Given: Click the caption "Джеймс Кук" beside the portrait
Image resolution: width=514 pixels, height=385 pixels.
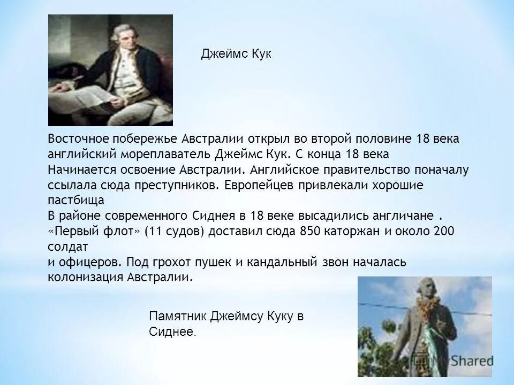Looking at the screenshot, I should [x=236, y=53].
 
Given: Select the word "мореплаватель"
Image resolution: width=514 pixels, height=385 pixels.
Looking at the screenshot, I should [x=168, y=154].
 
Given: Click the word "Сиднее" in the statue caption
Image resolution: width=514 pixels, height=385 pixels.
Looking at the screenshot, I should [x=171, y=332].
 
